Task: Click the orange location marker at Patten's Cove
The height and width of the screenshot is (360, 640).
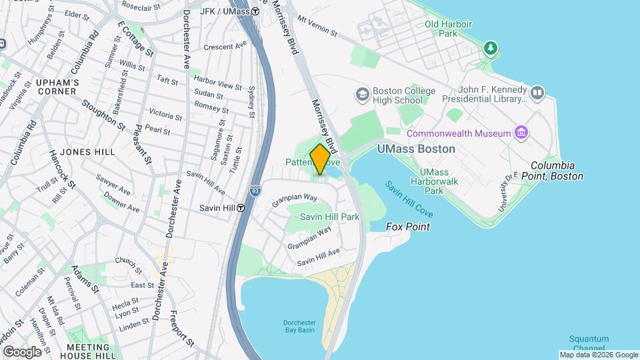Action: tap(320, 159)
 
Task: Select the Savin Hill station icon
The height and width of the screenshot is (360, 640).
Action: tap(240, 208)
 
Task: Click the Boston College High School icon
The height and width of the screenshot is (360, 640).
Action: tap(363, 94)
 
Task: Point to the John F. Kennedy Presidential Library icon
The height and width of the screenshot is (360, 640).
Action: tap(537, 91)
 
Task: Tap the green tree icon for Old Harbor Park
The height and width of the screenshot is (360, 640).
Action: tap(491, 47)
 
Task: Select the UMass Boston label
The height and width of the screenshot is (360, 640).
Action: tap(416, 149)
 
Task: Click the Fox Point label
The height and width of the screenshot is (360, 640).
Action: tap(408, 227)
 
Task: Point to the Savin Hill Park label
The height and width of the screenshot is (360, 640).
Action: tap(329, 217)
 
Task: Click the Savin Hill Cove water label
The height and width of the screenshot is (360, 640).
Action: tap(409, 198)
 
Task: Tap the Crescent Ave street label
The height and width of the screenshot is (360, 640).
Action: tap(225, 47)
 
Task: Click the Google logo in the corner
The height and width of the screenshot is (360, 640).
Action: tap(22, 351)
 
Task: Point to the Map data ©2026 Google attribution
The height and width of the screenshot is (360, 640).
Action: tap(599, 355)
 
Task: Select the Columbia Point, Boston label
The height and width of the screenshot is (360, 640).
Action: tap(557, 171)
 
